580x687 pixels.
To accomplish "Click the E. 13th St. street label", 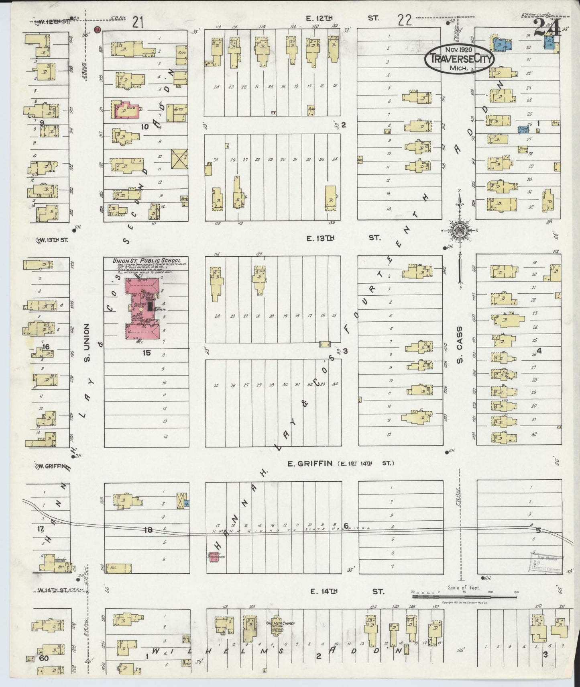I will pos(343,238).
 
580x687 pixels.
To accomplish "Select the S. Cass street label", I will pos(460,344).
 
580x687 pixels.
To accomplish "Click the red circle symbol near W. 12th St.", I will pos(97,29).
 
